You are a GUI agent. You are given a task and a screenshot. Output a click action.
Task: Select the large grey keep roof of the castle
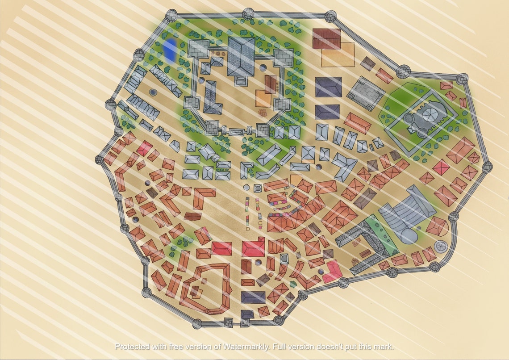tap(241, 56)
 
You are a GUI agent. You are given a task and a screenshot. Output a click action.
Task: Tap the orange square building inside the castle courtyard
tap(263, 97)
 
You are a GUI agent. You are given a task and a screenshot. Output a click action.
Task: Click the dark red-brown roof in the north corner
tap(326, 38)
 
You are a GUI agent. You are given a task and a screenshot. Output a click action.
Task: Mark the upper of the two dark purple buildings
tap(328, 87)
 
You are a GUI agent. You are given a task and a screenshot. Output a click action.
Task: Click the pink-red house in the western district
tap(144, 148)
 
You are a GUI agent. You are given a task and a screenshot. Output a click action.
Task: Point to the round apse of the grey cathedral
tap(408, 234)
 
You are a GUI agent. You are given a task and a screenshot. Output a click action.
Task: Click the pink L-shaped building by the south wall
tap(333, 272)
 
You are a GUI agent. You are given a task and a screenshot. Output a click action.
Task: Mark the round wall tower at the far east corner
tap(487, 167)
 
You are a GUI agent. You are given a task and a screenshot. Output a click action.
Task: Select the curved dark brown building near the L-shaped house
tap(193, 216)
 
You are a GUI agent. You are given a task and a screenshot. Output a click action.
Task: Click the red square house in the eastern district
tap(441, 167)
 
